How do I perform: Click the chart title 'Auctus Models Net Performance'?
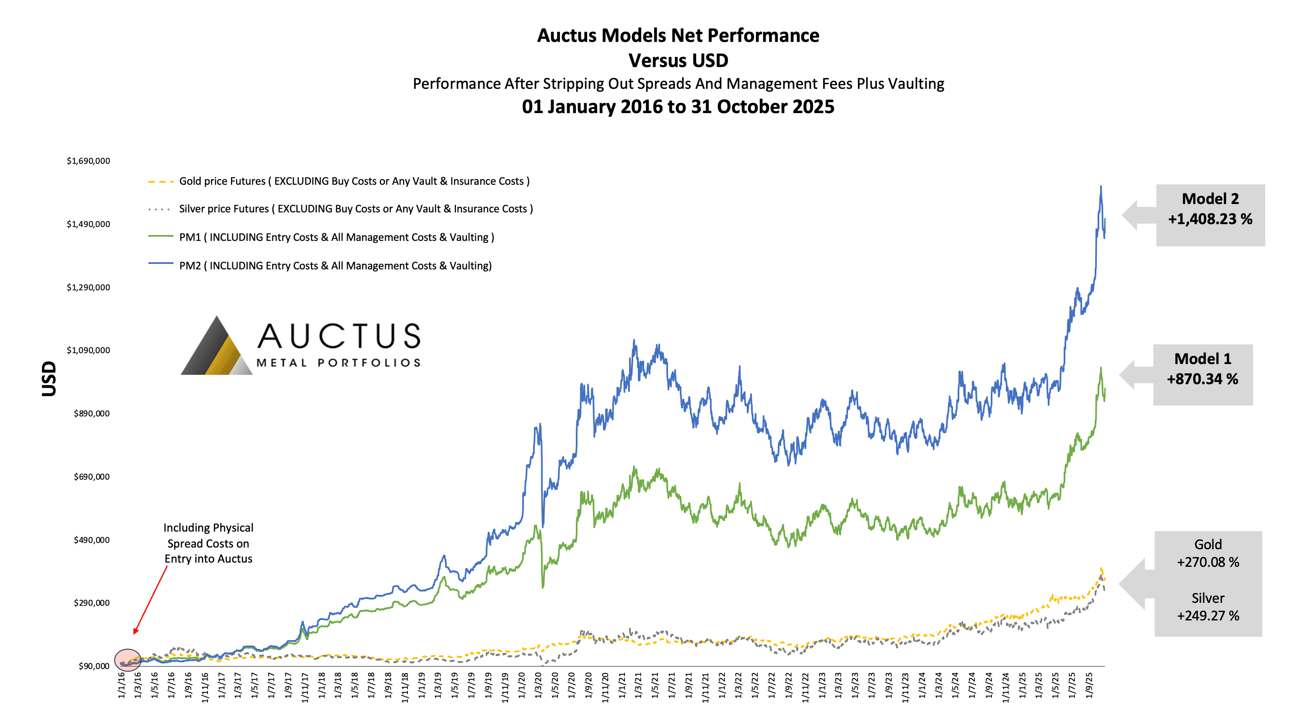(678, 36)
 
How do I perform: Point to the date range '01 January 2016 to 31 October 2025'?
(678, 107)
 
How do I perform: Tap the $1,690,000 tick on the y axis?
(88, 161)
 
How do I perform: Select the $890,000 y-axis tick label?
(91, 413)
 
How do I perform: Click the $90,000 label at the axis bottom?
(94, 666)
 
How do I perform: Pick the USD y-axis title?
(49, 378)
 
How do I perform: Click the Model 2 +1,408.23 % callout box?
(1210, 214)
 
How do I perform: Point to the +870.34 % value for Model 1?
(1202, 379)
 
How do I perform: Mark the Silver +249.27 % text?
(1207, 607)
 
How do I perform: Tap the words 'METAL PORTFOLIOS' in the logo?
(338, 363)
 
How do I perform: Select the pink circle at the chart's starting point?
(128, 660)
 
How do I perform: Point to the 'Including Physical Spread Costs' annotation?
(208, 543)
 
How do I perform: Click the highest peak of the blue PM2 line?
(1101, 187)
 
